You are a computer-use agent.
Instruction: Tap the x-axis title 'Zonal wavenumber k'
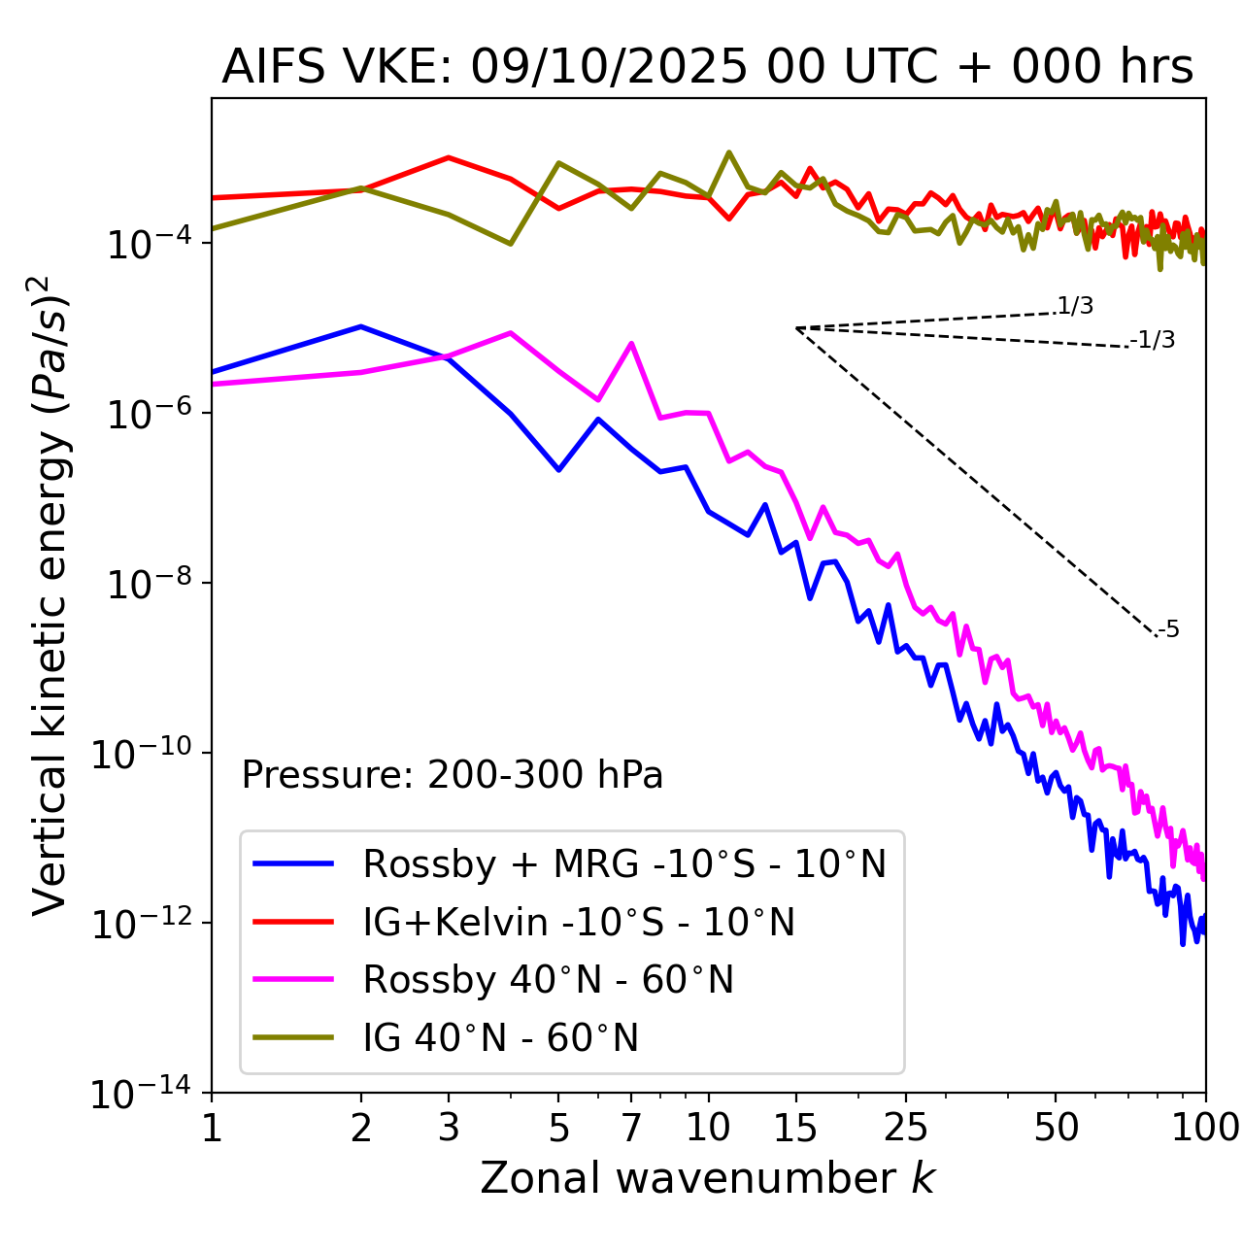(707, 1177)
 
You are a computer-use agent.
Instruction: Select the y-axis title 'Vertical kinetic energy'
(50, 594)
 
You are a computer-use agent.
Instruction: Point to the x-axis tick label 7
(631, 1128)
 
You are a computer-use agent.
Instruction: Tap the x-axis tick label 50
(1056, 1128)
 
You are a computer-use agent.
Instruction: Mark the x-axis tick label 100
(1205, 1128)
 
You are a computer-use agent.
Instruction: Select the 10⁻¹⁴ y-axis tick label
(142, 1094)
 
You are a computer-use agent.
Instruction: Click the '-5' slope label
(1169, 629)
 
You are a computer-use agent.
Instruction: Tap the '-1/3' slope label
(1154, 340)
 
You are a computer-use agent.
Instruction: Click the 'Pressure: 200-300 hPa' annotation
(452, 775)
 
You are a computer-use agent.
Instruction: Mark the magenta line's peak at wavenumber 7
(631, 343)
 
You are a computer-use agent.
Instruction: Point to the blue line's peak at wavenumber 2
(361, 326)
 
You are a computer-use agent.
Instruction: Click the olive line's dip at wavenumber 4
(511, 243)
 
